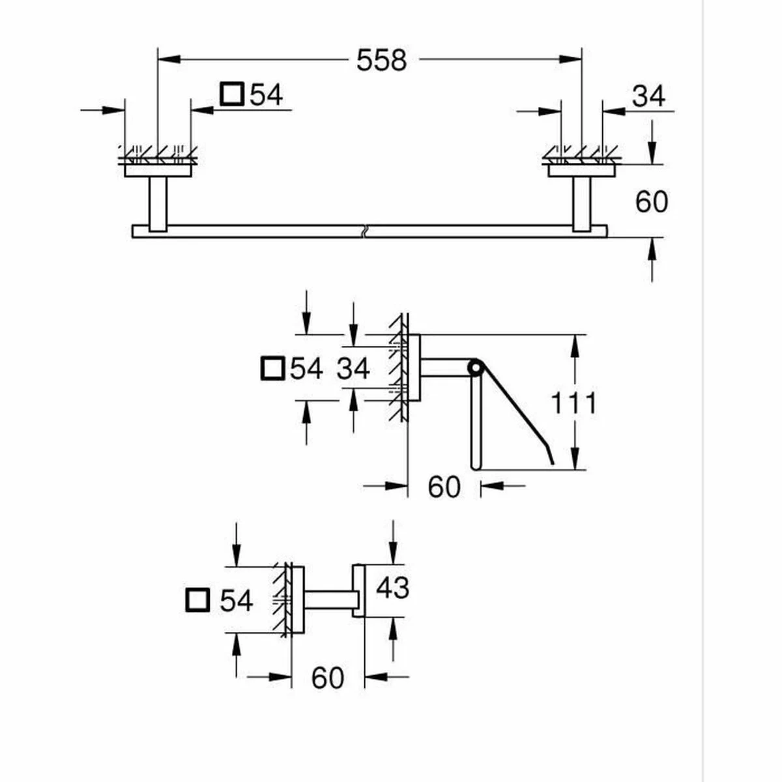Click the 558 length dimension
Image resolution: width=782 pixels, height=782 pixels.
[x=381, y=60]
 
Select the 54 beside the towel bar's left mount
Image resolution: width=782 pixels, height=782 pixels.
[x=266, y=95]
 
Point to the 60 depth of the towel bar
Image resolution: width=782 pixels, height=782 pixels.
[x=651, y=202]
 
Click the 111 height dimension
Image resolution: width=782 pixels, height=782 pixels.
[x=573, y=403]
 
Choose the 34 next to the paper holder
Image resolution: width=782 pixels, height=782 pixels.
[x=353, y=369]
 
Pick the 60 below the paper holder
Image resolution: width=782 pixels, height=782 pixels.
[x=444, y=487]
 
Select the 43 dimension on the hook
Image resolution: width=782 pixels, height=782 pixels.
[x=392, y=588]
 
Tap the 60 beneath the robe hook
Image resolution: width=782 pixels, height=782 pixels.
[x=327, y=678]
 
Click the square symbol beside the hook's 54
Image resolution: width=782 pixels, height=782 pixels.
[x=197, y=600]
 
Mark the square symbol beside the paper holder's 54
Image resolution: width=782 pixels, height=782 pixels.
[x=272, y=369]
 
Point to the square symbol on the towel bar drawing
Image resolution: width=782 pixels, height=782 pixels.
[x=231, y=94]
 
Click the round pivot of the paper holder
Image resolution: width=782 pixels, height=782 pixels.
[x=475, y=368]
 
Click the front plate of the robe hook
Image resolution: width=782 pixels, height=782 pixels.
[x=358, y=590]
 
